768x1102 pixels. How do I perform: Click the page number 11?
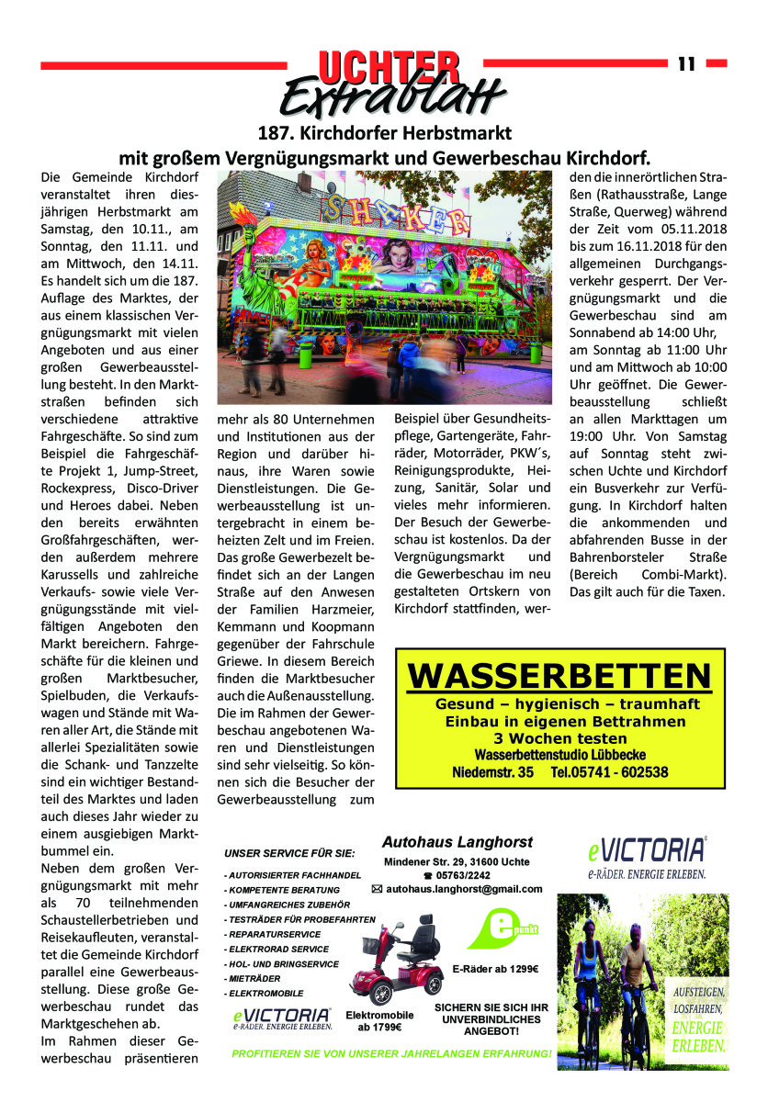[686, 63]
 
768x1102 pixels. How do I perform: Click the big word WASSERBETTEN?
[559, 676]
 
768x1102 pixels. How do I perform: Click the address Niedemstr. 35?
[493, 772]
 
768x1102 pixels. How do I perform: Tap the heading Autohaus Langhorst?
[457, 841]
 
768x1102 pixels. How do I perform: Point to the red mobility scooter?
[400, 957]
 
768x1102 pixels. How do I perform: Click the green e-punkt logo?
[502, 928]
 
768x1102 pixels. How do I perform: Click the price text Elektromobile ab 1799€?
[379, 1020]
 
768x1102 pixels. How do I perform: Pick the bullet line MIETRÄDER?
[254, 978]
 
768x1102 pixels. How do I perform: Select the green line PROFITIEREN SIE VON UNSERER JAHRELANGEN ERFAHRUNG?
[392, 1052]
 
